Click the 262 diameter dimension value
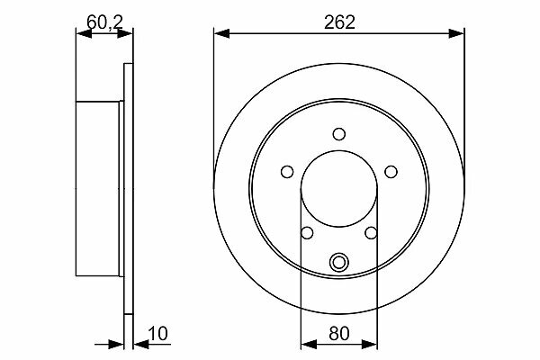coord(339,22)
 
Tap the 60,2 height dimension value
coord(104,22)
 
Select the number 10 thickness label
coord(157,334)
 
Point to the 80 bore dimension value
coord(339,334)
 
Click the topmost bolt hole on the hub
coord(339,134)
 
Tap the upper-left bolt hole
coord(287,172)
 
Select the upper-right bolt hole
coord(391,172)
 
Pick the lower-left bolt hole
coord(307,233)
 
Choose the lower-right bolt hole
coord(371,233)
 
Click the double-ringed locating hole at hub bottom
coord(339,263)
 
